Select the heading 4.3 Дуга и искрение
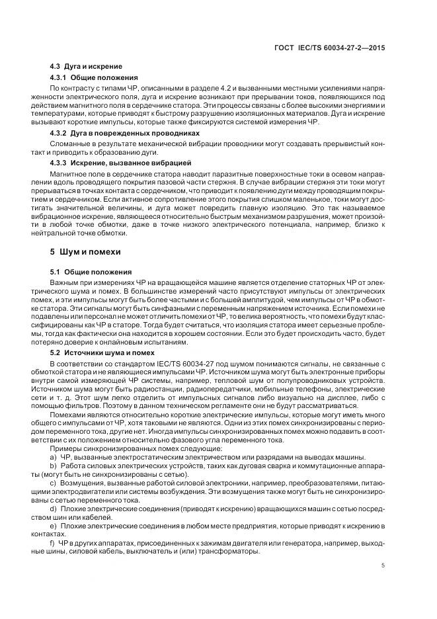[x=86, y=67]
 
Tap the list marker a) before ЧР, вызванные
[x=53, y=457]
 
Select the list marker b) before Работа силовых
[x=53, y=467]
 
